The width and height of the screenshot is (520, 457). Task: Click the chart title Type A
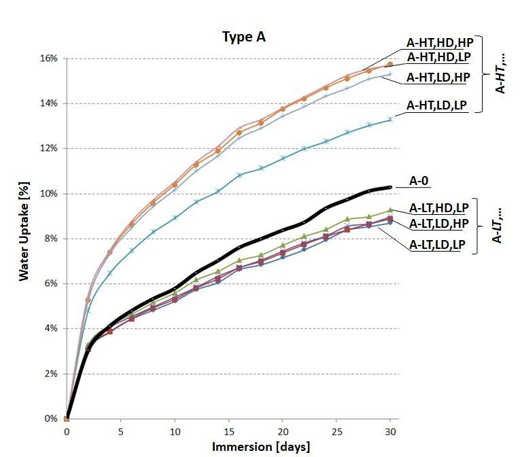coord(243,37)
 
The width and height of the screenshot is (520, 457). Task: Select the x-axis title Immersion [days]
coord(261,447)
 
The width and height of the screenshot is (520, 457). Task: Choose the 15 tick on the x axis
coord(228,432)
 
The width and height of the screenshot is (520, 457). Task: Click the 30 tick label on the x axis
coord(390,432)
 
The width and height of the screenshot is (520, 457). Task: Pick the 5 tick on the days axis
coord(120,432)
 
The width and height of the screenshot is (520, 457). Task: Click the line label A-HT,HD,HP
coord(438,41)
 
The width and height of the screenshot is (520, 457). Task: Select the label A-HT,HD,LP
coord(438,56)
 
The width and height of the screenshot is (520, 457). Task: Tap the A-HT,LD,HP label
coord(438,78)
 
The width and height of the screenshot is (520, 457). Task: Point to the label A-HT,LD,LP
coord(438,105)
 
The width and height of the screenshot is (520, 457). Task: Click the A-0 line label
coord(421,182)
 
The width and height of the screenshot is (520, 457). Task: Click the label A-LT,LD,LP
coord(438,245)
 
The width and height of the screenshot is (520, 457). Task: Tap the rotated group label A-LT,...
coord(499,226)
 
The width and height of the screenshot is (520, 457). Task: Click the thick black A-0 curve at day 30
coord(390,187)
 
